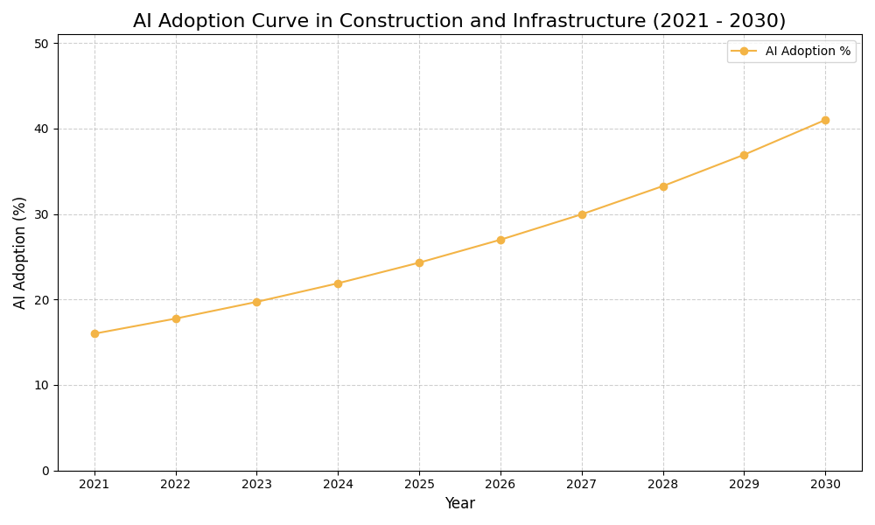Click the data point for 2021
tap(94, 333)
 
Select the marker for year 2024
tap(338, 283)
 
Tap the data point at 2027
tap(582, 214)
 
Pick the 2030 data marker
tap(825, 120)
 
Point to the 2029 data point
tap(744, 155)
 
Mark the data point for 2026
tap(500, 240)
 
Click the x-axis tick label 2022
tap(176, 484)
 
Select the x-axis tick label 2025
tap(419, 484)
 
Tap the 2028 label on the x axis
tap(663, 484)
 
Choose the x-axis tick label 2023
tap(256, 484)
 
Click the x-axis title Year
tap(459, 504)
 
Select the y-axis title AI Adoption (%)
tap(20, 252)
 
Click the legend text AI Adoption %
tap(808, 52)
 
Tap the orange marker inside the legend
tap(744, 52)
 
